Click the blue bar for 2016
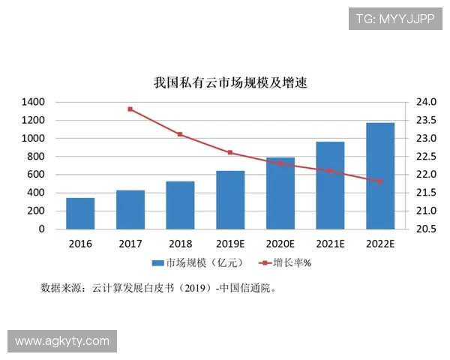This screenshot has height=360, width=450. click(x=80, y=214)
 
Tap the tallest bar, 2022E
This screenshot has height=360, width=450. click(x=380, y=176)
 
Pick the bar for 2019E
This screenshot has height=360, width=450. click(x=230, y=200)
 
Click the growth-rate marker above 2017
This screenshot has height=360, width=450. click(x=130, y=109)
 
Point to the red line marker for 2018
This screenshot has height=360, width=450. click(x=180, y=134)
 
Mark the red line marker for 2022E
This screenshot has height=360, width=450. click(x=380, y=181)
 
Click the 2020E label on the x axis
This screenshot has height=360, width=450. click(x=280, y=244)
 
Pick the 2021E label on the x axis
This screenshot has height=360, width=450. click(x=330, y=244)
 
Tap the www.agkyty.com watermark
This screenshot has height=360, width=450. click(x=62, y=341)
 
